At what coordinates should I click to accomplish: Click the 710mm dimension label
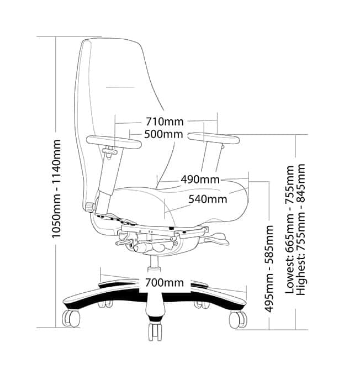pyautogui.click(x=165, y=122)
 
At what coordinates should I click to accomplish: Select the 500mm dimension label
pyautogui.click(x=163, y=134)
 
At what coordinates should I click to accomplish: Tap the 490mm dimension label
pyautogui.click(x=200, y=180)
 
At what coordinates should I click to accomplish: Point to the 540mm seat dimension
pyautogui.click(x=208, y=199)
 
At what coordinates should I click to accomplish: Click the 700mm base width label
pyautogui.click(x=164, y=283)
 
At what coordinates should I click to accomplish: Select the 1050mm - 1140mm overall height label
pyautogui.click(x=56, y=188)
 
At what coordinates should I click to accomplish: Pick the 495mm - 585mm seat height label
pyautogui.click(x=269, y=269)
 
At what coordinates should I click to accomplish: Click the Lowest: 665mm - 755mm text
pyautogui.click(x=290, y=229)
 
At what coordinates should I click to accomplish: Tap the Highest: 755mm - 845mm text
pyautogui.click(x=300, y=229)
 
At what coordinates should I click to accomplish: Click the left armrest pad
pyautogui.click(x=114, y=142)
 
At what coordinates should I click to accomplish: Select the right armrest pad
pyautogui.click(x=214, y=138)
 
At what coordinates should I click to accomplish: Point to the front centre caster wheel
pyautogui.click(x=155, y=332)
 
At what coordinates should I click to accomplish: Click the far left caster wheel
pyautogui.click(x=71, y=319)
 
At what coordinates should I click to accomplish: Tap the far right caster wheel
pyautogui.click(x=238, y=319)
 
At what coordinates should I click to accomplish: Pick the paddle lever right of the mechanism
pyautogui.click(x=216, y=239)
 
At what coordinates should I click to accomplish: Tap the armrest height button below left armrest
pyautogui.click(x=110, y=152)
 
